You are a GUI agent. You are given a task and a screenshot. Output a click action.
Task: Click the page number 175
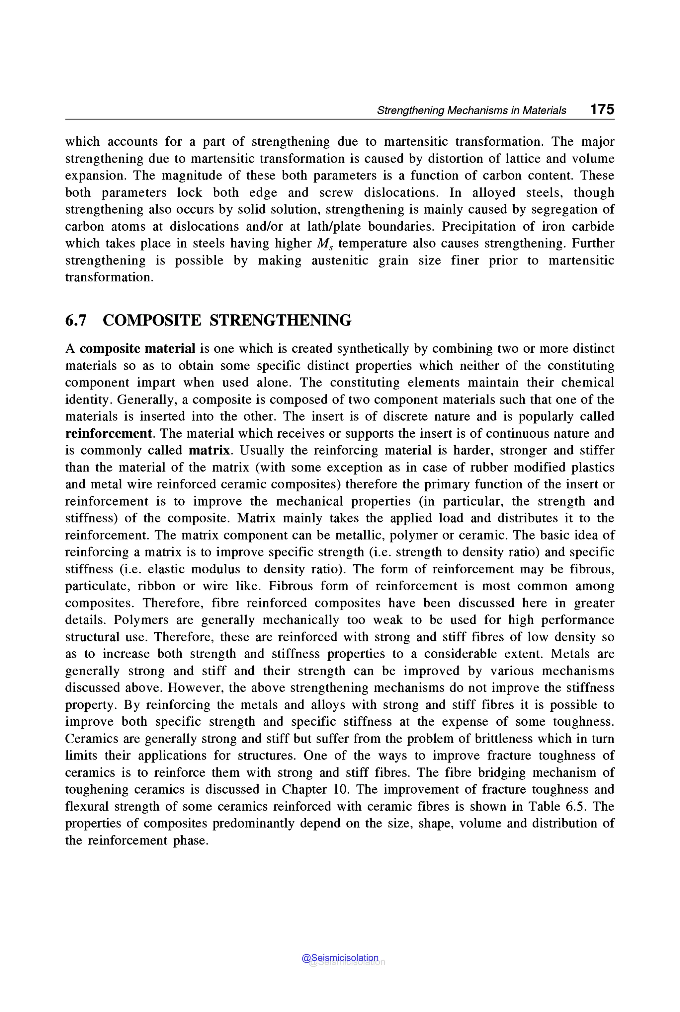tap(602, 109)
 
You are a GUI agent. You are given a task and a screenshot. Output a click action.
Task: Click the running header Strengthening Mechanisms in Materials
tap(471, 110)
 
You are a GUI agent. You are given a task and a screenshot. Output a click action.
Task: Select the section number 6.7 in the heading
tap(76, 320)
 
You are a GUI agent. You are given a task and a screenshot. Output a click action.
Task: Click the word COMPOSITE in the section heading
tap(152, 320)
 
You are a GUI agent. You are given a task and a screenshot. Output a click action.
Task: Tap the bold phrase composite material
tap(137, 348)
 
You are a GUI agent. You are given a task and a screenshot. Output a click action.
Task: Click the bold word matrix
tap(209, 450)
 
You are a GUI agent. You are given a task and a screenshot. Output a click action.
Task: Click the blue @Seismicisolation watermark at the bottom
tap(340, 958)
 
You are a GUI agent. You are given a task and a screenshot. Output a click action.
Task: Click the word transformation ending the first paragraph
tap(109, 277)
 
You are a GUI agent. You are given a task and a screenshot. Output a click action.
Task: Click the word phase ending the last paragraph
tap(191, 841)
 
